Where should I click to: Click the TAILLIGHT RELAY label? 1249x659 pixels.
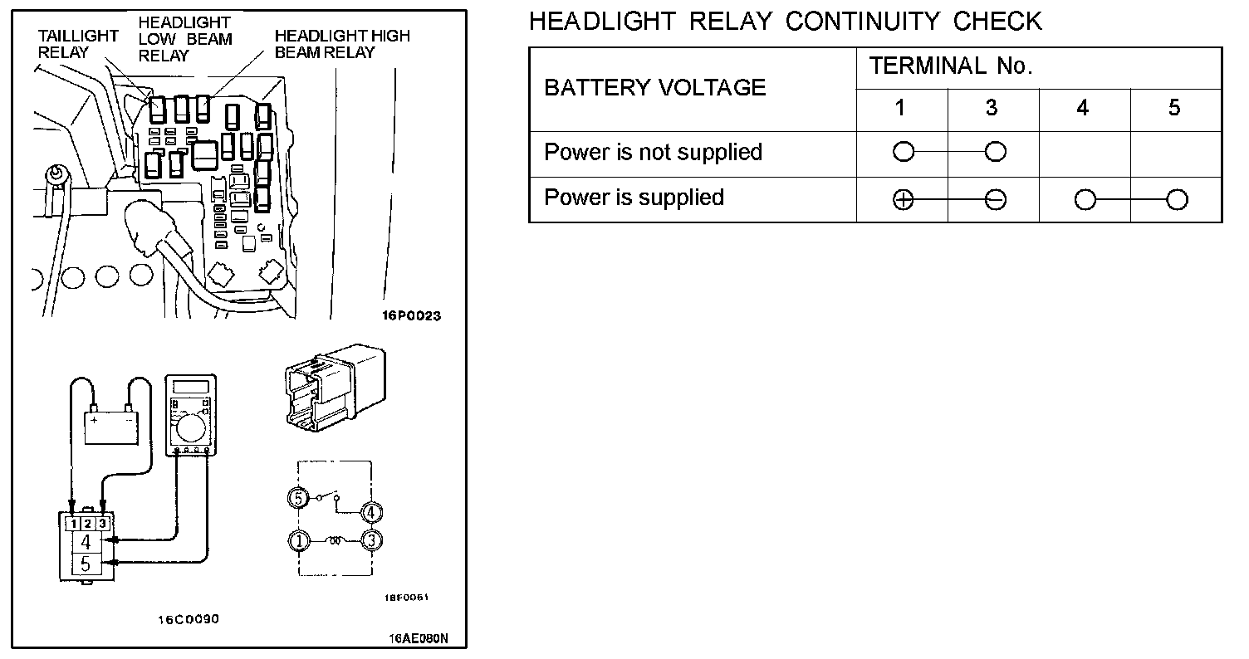point(78,45)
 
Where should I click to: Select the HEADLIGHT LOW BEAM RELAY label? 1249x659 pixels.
point(184,39)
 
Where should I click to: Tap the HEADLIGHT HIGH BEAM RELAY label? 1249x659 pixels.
point(341,44)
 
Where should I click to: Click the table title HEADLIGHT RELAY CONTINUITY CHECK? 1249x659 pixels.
point(785,21)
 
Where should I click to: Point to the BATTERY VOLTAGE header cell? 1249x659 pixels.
point(654,88)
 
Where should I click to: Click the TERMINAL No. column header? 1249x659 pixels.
point(951,67)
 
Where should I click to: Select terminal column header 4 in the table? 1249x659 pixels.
point(1083,108)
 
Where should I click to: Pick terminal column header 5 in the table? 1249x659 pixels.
point(1174,108)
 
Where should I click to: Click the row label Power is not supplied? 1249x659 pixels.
point(653,153)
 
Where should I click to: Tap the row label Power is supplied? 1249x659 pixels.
point(634,198)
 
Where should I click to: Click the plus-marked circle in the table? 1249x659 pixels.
point(903,200)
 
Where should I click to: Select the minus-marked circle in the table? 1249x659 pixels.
point(995,200)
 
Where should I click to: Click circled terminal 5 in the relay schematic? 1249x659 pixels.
point(297,498)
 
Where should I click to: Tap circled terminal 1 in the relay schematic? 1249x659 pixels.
point(297,541)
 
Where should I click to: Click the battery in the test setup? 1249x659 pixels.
point(111,427)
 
